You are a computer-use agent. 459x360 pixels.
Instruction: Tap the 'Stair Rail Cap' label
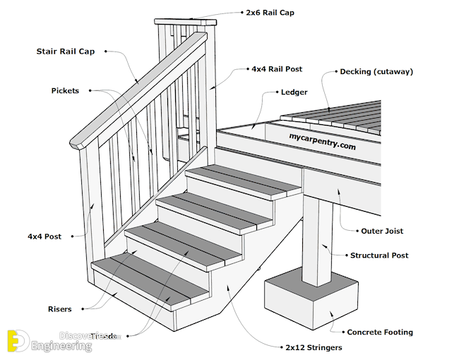pos(66,52)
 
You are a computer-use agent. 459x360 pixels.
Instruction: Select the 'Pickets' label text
pos(65,90)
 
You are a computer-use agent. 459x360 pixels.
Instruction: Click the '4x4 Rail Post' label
pos(277,69)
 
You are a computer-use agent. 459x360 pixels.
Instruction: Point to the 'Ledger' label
pos(294,92)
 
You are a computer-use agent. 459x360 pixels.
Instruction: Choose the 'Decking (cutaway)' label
pos(376,71)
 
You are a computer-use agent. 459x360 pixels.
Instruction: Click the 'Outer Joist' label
pos(382,231)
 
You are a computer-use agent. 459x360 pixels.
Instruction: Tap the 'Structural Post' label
pos(379,256)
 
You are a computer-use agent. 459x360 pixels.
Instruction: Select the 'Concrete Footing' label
pos(380,332)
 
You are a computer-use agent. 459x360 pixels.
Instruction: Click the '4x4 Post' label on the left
pos(44,236)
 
